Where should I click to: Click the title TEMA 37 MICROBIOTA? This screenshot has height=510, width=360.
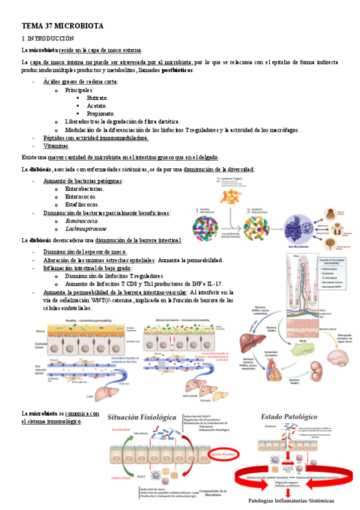(63, 26)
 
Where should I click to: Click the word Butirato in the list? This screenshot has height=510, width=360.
(97, 97)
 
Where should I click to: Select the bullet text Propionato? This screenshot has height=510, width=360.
(100, 113)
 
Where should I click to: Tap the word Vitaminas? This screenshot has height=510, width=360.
(56, 146)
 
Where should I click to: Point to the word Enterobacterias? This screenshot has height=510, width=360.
(84, 189)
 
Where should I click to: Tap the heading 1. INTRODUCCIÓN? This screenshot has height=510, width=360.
(47, 38)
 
